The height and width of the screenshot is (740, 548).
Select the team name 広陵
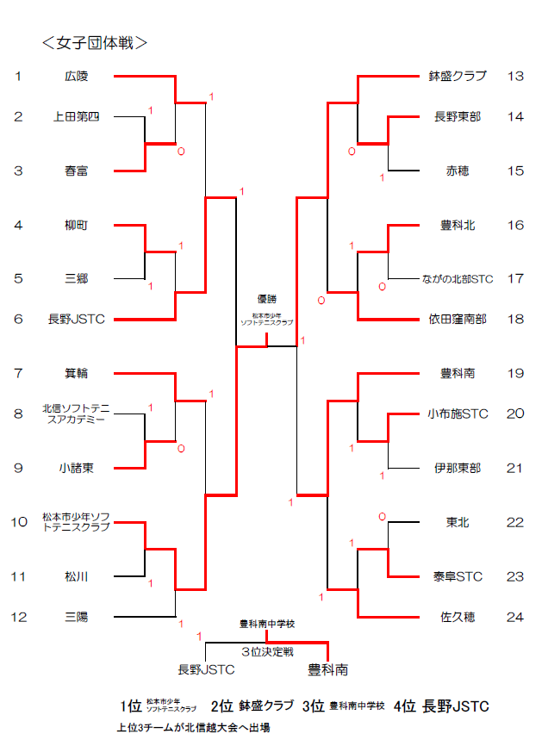(x=77, y=77)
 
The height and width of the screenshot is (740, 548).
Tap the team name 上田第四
(x=77, y=117)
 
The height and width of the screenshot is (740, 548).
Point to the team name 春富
(x=77, y=171)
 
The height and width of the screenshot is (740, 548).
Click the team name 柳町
(x=77, y=225)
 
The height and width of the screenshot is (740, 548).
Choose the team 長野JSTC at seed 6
(x=77, y=320)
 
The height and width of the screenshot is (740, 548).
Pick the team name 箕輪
(x=77, y=373)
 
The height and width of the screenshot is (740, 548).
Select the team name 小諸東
(x=77, y=468)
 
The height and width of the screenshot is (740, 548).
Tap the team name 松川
(x=77, y=575)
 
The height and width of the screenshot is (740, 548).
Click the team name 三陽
(x=77, y=617)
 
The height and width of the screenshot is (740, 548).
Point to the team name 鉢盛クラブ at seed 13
(x=458, y=77)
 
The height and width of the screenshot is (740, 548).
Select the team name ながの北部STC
(x=458, y=279)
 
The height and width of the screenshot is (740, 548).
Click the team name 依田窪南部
(x=458, y=320)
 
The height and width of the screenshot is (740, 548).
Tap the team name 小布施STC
(x=458, y=414)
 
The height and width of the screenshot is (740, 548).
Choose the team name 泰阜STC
(x=458, y=575)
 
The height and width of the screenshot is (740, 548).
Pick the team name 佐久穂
(x=458, y=617)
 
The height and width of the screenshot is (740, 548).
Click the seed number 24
(x=515, y=617)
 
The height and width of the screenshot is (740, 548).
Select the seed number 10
(x=19, y=522)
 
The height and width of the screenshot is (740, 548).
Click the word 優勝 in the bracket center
(x=266, y=299)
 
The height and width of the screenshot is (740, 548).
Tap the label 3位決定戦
(x=267, y=652)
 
